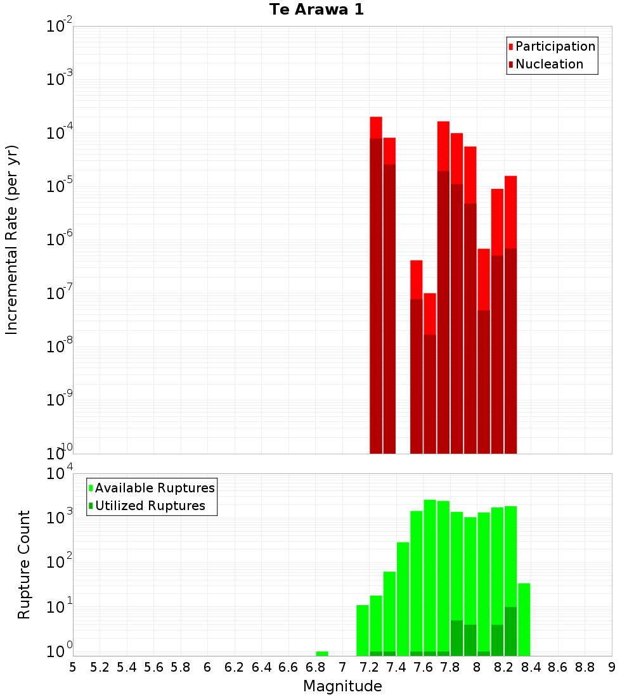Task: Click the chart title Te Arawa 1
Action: (x=316, y=10)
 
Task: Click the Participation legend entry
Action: (x=555, y=47)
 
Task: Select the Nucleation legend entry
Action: (x=549, y=65)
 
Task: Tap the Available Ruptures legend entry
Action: (x=155, y=489)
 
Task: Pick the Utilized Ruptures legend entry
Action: (x=150, y=506)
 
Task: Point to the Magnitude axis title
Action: (x=342, y=686)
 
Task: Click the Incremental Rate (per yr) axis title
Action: (x=12, y=240)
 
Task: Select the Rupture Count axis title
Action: (x=24, y=564)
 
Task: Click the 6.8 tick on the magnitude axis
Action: (x=315, y=667)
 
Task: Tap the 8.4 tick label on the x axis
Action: (x=531, y=667)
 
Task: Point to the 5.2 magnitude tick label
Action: (x=100, y=667)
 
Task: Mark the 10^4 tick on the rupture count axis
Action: (x=60, y=474)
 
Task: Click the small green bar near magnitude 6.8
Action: (x=322, y=653)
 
